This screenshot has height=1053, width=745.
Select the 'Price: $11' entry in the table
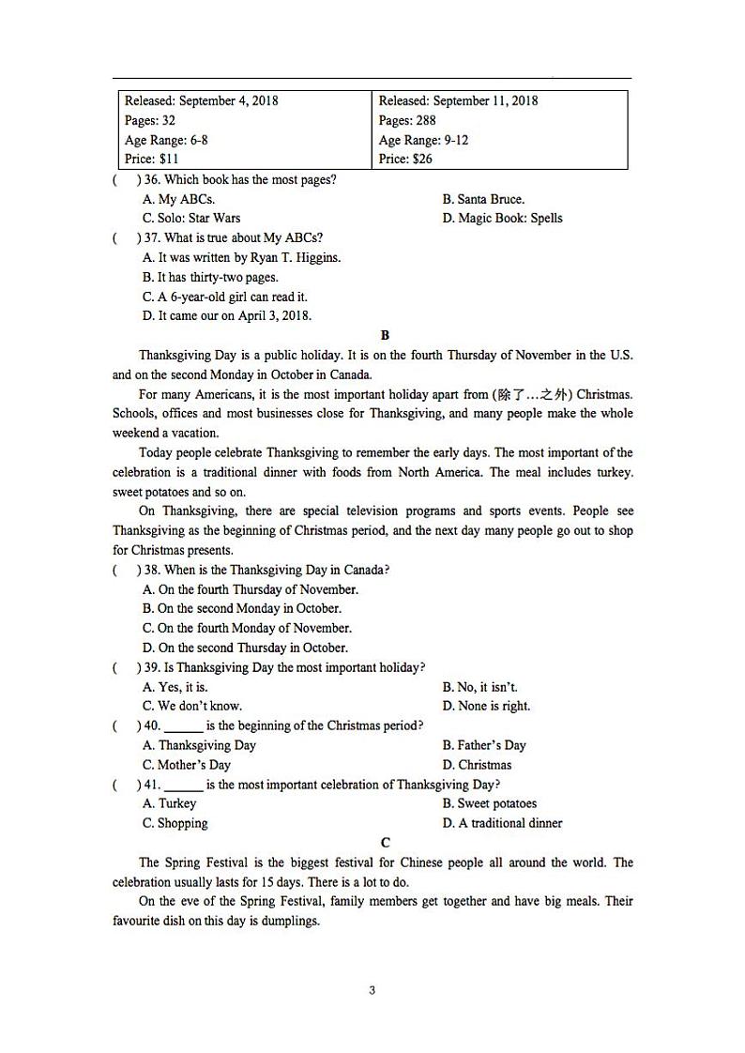point(152,159)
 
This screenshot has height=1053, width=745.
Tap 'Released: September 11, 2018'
point(458,100)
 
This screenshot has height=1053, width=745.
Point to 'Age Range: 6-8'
point(166,140)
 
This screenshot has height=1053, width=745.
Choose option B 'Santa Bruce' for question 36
point(483,199)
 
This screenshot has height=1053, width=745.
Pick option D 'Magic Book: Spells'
point(502,218)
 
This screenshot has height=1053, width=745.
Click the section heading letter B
point(385,335)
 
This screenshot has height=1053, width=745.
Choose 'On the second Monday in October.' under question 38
point(241,608)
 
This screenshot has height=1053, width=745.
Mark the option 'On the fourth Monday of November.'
point(247,628)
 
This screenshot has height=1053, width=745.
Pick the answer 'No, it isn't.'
point(479,687)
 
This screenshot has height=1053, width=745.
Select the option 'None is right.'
point(486,706)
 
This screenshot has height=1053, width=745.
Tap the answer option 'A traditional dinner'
point(502,823)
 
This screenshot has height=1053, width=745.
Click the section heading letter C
point(385,843)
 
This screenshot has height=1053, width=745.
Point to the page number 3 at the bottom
point(372,990)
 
